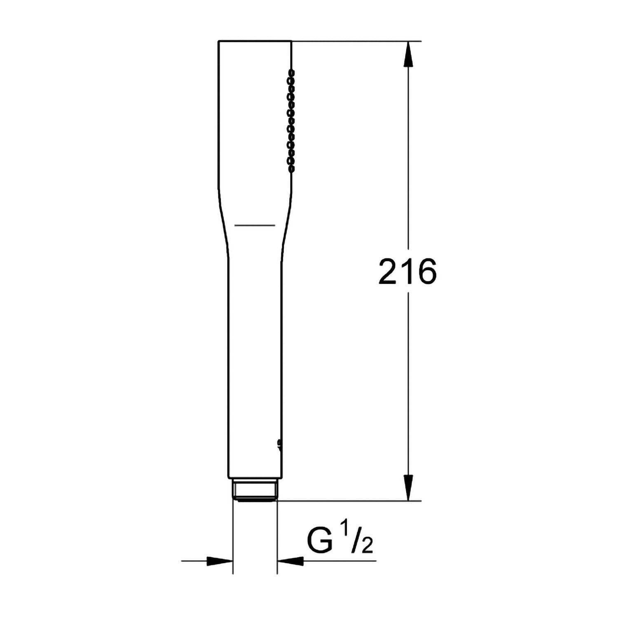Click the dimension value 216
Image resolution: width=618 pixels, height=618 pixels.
pyautogui.click(x=407, y=272)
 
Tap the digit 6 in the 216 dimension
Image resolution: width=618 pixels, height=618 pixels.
pyautogui.click(x=426, y=272)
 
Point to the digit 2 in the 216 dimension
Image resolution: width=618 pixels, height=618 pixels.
pyautogui.click(x=388, y=272)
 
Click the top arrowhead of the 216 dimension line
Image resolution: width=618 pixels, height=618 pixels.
pyautogui.click(x=408, y=53)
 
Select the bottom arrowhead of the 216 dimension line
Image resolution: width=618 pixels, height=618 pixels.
pyautogui.click(x=408, y=488)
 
